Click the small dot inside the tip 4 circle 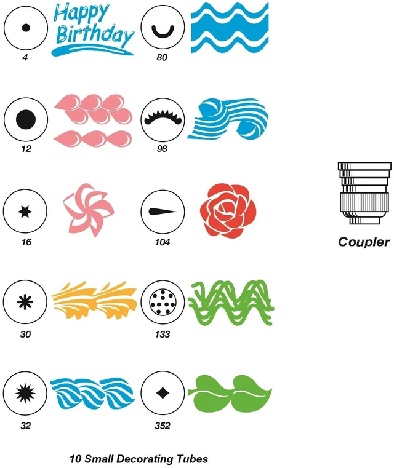(26, 28)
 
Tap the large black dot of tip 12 (26, 119)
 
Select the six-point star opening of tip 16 (25, 212)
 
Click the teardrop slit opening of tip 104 (163, 212)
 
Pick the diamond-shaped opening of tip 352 (163, 393)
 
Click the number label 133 (162, 334)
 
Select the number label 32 (25, 426)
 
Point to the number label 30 (25, 334)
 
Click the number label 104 (162, 242)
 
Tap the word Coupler (364, 242)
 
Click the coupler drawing (364, 193)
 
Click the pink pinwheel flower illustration (88, 210)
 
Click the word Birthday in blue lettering (95, 35)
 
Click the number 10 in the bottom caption (76, 459)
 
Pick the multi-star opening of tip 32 (25, 393)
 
